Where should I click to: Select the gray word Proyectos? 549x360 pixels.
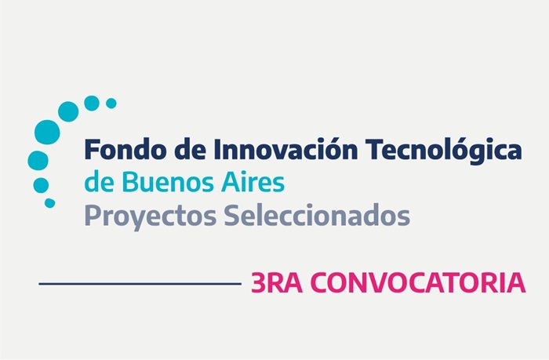(151, 216)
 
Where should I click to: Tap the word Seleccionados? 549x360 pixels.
(317, 215)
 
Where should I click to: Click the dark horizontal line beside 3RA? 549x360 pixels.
(140, 284)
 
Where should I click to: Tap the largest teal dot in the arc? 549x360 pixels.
(47, 132)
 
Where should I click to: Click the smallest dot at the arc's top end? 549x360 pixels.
(111, 104)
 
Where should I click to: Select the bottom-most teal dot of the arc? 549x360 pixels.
(49, 203)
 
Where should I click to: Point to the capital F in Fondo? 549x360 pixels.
(92, 149)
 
